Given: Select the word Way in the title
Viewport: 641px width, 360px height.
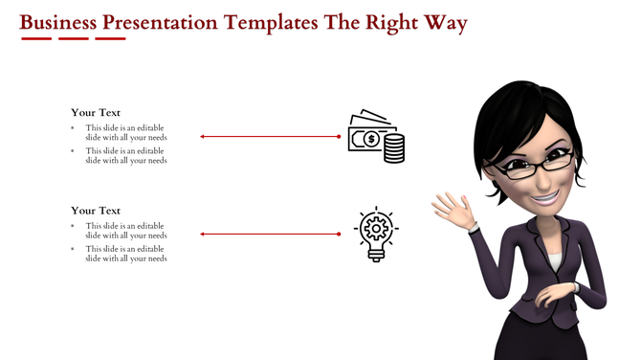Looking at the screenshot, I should point(446,23).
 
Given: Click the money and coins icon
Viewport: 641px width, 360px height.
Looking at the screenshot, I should point(376,137).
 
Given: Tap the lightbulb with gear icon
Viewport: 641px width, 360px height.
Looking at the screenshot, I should point(376,233).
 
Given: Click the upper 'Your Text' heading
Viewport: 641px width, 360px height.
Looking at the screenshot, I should point(96,112).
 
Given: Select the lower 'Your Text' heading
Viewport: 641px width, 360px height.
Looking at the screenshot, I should point(96,210).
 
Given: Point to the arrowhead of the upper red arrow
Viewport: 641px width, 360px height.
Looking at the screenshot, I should point(203,137).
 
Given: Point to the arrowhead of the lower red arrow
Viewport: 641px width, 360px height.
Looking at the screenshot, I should point(203,234).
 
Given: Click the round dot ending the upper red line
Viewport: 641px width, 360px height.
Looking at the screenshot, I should point(339,137).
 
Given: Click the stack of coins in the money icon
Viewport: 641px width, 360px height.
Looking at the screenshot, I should point(393,148).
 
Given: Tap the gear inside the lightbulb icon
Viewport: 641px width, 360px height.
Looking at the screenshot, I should point(375,228).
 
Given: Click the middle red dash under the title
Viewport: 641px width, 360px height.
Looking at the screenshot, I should point(73,39).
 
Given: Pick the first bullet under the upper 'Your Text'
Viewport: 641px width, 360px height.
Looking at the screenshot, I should point(73,127).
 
